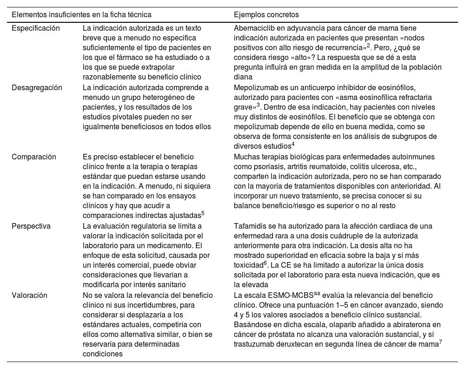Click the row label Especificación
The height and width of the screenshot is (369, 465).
36,28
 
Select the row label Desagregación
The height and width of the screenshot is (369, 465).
37,87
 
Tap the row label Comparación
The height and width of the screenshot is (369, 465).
34,157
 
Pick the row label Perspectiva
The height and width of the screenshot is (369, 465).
31,226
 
